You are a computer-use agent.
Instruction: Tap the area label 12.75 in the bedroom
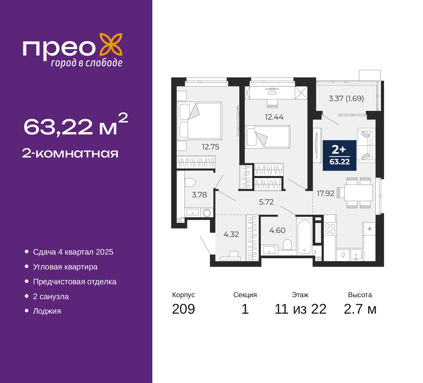(211, 147)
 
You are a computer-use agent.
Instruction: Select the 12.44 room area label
(274, 117)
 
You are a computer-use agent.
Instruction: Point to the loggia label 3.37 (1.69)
(346, 98)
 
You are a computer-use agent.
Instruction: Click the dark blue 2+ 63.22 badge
(339, 155)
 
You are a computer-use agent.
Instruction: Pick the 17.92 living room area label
(326, 193)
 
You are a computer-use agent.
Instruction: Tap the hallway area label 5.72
(266, 202)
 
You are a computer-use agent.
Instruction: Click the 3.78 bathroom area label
(199, 195)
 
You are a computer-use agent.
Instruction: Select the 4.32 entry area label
(231, 234)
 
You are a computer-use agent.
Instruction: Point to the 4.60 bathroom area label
(277, 230)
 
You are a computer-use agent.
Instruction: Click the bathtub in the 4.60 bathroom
(304, 237)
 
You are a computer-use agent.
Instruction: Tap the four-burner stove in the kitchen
(330, 229)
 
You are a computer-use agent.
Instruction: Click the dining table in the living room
(359, 193)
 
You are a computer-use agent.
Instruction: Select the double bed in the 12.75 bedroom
(200, 121)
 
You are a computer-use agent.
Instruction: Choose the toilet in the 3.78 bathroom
(190, 183)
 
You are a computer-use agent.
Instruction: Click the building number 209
(183, 309)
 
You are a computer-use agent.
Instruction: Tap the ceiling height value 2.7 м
(360, 309)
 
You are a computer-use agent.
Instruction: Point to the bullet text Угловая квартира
(65, 267)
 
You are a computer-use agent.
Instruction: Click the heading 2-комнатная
(70, 154)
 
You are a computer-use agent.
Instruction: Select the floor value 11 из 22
(300, 309)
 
